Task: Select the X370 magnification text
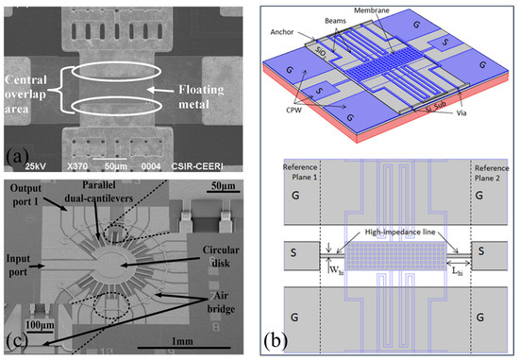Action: pos(90,167)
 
